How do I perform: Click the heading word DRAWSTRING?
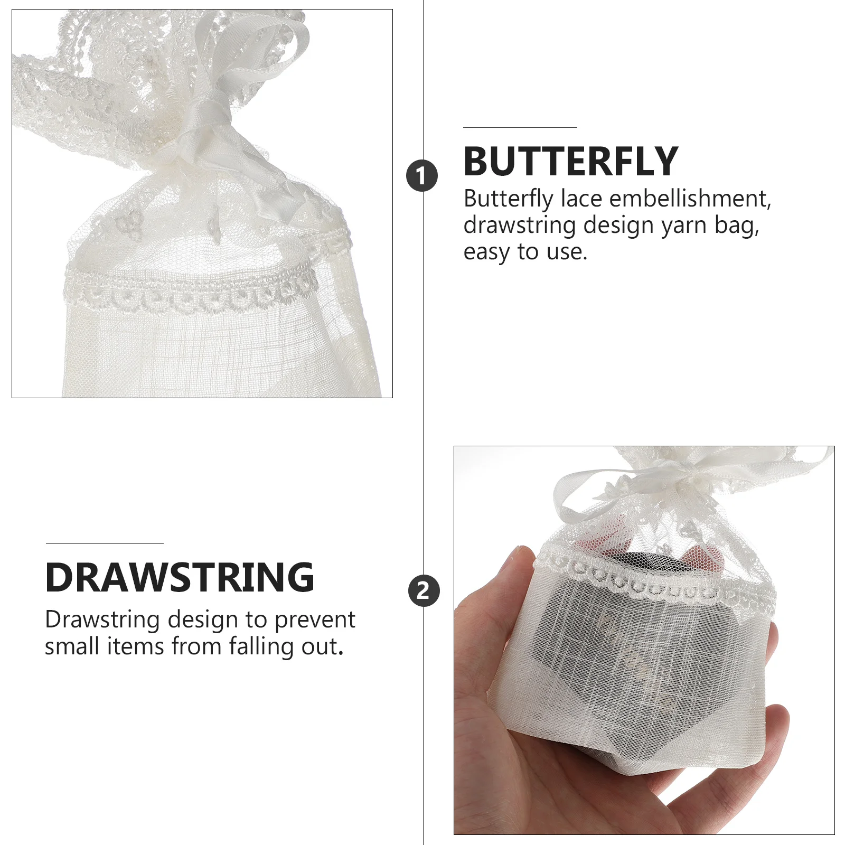[x=180, y=577]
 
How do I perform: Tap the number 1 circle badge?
[x=421, y=176]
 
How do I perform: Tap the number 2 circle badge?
[x=424, y=590]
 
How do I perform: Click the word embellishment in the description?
[x=690, y=199]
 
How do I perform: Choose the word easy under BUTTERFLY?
[x=487, y=252]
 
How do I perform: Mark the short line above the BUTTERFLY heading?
[x=520, y=127]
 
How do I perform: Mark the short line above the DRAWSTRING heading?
[x=105, y=543]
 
